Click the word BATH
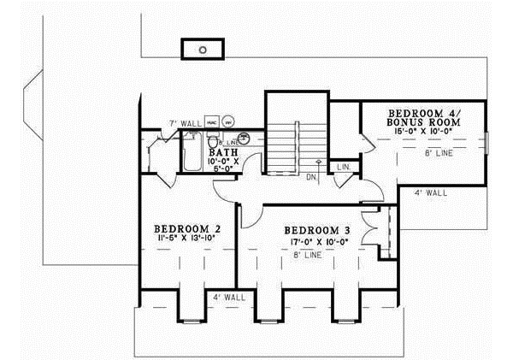pyautogui.click(x=225, y=152)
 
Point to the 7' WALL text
pyautogui.click(x=184, y=123)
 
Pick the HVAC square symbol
pyautogui.click(x=211, y=123)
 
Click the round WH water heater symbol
pyautogui.click(x=229, y=123)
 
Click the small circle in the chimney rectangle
pyautogui.click(x=203, y=50)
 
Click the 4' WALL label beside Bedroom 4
pyautogui.click(x=430, y=193)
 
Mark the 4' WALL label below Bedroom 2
pyautogui.click(x=228, y=298)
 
